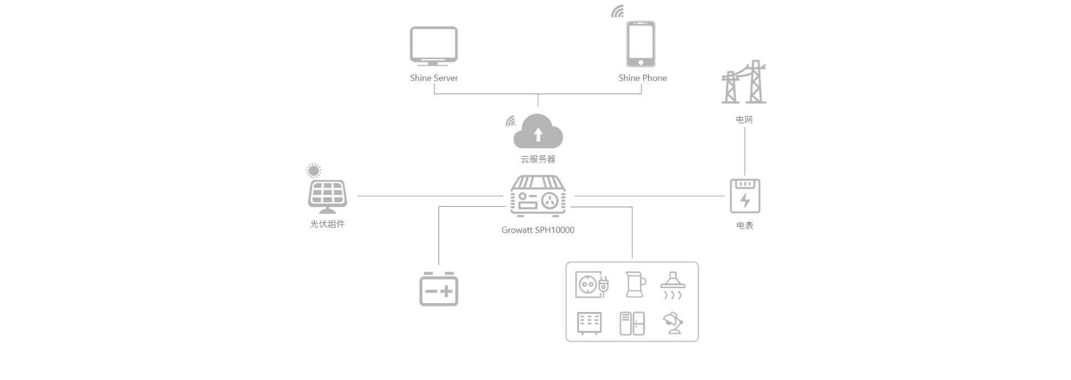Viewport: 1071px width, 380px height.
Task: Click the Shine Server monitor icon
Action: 433,45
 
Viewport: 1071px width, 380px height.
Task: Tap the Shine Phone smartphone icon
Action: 640,44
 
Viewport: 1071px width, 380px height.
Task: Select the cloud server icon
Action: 538,132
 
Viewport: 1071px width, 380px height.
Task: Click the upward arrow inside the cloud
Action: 538,134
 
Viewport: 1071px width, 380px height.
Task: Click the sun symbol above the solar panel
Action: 314,170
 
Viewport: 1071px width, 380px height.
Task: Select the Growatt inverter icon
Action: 538,197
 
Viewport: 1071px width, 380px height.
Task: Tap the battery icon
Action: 438,289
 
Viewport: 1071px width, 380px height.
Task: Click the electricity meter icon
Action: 745,196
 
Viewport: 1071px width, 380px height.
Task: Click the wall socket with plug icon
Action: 591,285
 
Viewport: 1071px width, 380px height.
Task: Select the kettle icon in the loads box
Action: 634,284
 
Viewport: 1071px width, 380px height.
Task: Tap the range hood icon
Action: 673,285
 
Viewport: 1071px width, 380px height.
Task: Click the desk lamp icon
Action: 673,324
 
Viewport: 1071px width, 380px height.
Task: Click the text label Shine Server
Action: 434,78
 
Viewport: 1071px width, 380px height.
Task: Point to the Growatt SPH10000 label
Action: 538,230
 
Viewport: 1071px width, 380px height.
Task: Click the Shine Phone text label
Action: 642,78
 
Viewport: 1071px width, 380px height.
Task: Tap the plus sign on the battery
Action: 447,291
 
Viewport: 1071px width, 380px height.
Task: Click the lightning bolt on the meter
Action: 745,200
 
